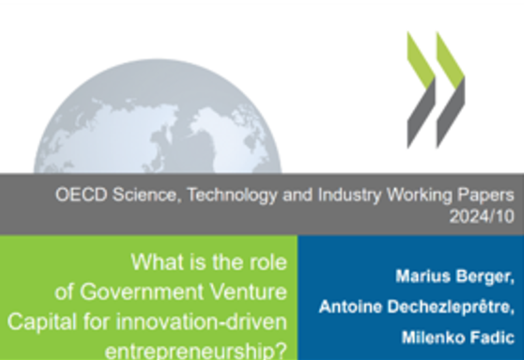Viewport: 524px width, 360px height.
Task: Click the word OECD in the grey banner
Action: (x=81, y=194)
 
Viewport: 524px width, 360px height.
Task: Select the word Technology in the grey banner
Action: (x=233, y=195)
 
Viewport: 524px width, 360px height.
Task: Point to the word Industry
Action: (x=349, y=195)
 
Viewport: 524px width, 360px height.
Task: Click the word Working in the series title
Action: (x=419, y=195)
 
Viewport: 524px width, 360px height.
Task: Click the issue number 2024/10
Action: (x=481, y=217)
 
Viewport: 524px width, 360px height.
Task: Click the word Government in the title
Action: (x=142, y=292)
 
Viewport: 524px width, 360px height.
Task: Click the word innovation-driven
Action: (x=201, y=322)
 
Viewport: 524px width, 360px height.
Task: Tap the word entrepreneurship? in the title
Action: (x=196, y=351)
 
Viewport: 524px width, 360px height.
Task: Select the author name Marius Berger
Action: (x=455, y=277)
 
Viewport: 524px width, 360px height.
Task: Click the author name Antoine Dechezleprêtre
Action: (x=417, y=307)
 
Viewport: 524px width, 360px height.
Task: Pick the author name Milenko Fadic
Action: (x=458, y=337)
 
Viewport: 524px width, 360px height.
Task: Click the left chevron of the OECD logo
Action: (x=421, y=90)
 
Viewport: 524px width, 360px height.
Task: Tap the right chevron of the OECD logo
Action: (x=451, y=90)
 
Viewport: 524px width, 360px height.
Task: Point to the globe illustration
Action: (x=158, y=117)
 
